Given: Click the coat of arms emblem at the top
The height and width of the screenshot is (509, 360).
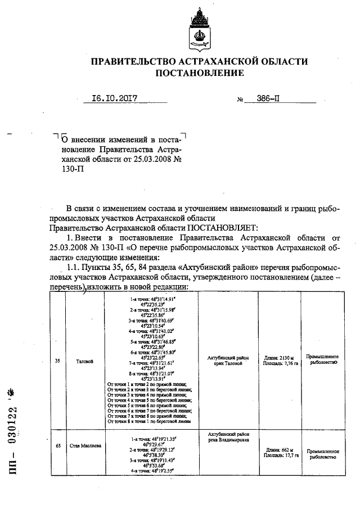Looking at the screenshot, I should click(x=199, y=28).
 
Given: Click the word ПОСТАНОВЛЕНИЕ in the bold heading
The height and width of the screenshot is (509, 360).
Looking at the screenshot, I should click(x=199, y=73).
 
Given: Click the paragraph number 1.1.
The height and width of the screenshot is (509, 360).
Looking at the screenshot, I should click(x=74, y=267).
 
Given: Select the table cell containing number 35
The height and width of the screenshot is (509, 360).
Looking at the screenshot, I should click(x=57, y=361).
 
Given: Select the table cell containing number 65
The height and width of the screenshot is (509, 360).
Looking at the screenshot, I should click(x=57, y=446).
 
